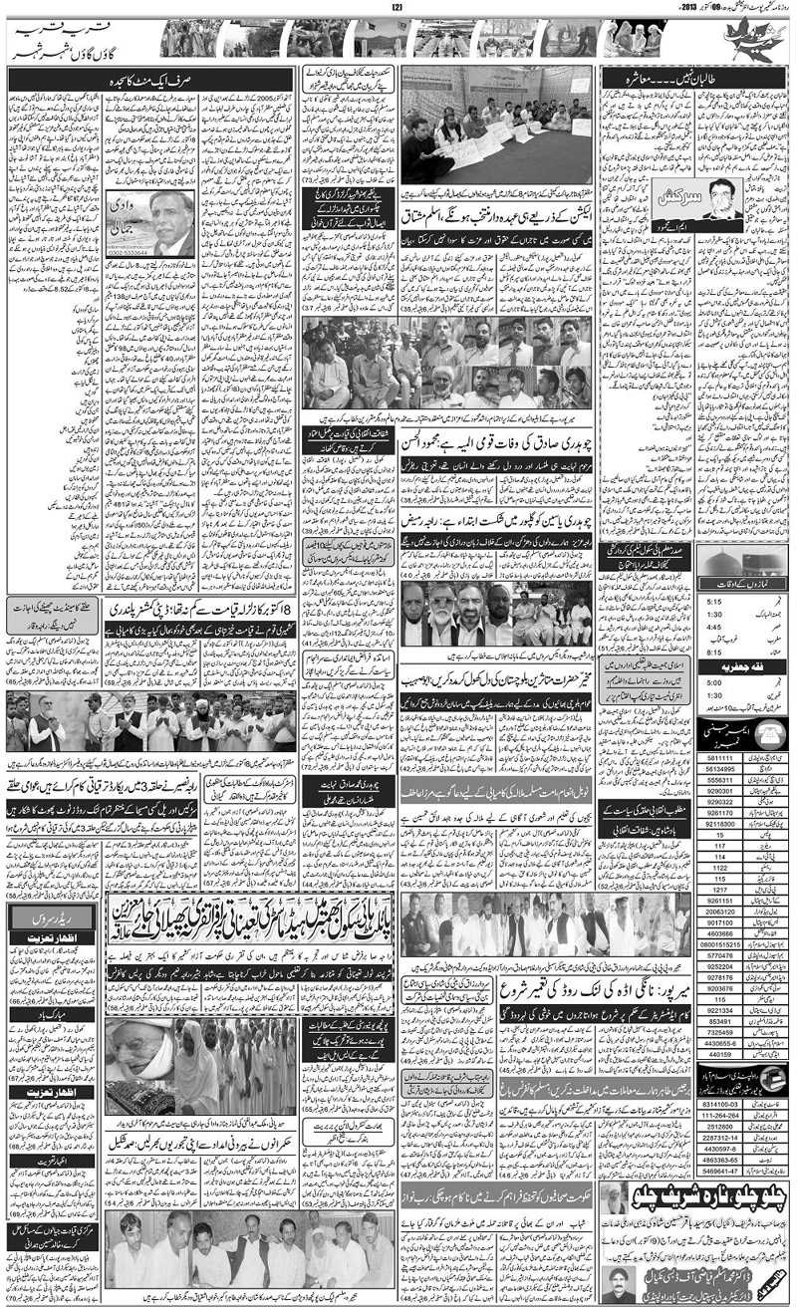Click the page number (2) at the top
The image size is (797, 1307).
[x=396, y=9]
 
